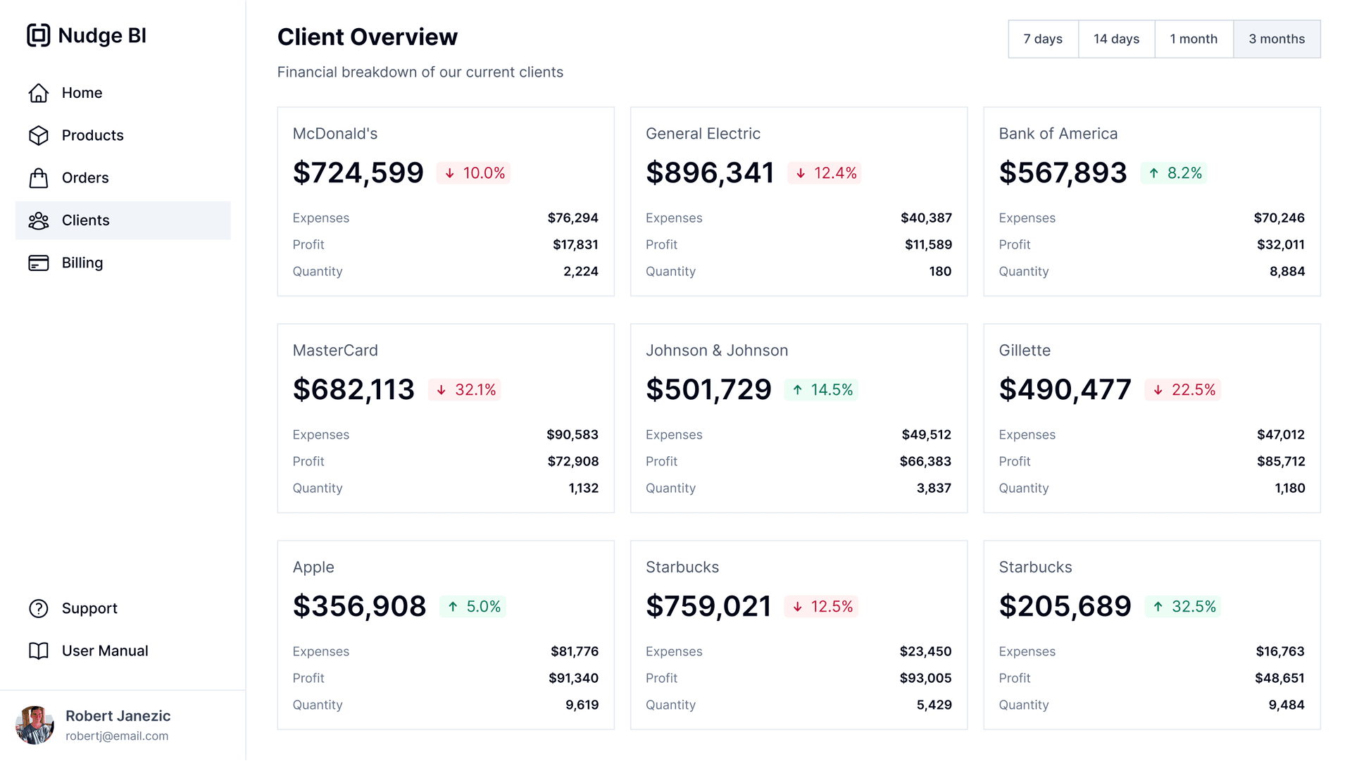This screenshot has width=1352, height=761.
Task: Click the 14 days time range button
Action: tap(1116, 39)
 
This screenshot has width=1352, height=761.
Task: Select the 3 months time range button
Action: tap(1276, 39)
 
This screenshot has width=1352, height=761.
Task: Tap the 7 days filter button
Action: tap(1043, 39)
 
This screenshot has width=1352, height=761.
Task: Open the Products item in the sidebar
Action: tap(92, 135)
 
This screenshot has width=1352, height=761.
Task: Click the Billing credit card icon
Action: tap(39, 263)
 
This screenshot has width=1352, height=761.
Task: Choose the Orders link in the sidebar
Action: tap(85, 178)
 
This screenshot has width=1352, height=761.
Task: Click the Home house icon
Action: tap(39, 93)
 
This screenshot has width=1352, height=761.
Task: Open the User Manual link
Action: tap(104, 651)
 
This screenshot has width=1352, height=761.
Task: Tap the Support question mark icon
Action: tap(39, 609)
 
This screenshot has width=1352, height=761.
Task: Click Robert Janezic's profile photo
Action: tap(35, 725)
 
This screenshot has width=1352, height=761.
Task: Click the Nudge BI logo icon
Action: tap(39, 35)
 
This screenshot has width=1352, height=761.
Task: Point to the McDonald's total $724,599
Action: tap(358, 173)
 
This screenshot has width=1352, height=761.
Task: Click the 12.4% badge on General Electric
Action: tap(825, 173)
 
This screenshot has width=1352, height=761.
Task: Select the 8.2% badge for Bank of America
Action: tap(1175, 173)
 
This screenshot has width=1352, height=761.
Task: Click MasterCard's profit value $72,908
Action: tap(572, 462)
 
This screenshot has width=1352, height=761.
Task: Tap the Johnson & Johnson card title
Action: tap(716, 351)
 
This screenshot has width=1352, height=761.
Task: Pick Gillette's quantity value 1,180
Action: tap(1289, 489)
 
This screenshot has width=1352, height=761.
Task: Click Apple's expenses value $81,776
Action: tap(574, 652)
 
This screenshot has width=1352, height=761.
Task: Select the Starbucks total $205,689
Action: tap(1065, 607)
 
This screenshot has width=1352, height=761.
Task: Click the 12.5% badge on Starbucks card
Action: tap(822, 607)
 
